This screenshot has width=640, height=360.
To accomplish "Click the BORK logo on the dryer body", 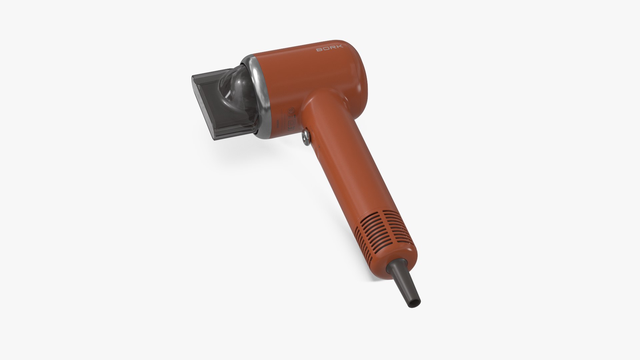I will [329, 49].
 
